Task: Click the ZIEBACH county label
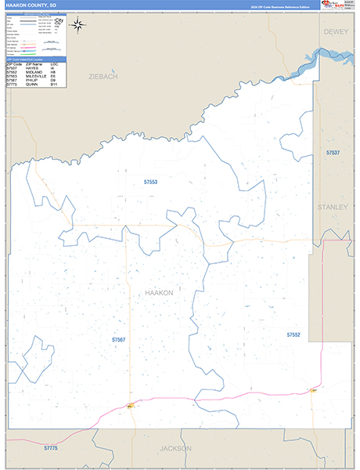pyautogui.click(x=103, y=77)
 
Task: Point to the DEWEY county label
pyautogui.click(x=336, y=31)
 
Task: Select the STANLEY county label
pyautogui.click(x=333, y=207)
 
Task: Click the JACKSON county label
pyautogui.click(x=174, y=449)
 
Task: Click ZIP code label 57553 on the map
pyautogui.click(x=150, y=182)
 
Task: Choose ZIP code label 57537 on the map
pyautogui.click(x=333, y=152)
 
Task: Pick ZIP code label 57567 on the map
pyautogui.click(x=119, y=340)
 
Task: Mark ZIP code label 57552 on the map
pyautogui.click(x=293, y=334)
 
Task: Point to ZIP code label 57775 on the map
pyautogui.click(x=52, y=446)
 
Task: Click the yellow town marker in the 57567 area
pyautogui.click(x=129, y=406)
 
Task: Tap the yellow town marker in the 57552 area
pyautogui.click(x=313, y=389)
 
